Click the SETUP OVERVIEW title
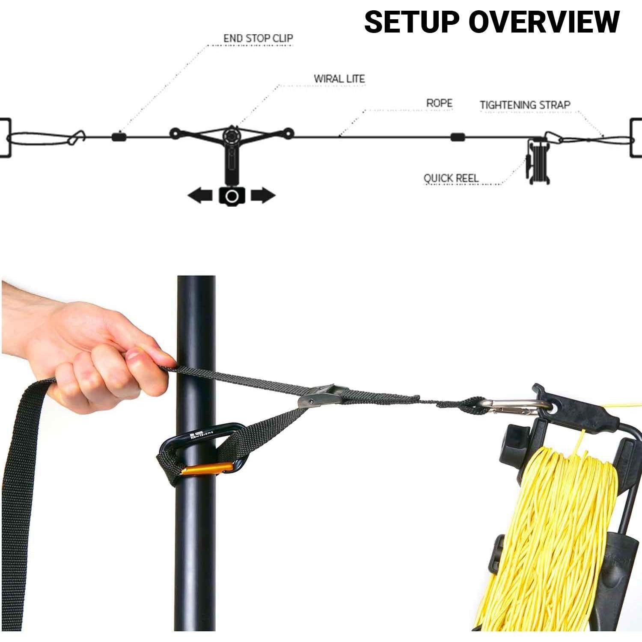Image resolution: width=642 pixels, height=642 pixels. click(492, 22)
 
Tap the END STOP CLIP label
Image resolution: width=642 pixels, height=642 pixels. click(258, 39)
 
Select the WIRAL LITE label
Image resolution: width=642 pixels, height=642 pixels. click(339, 79)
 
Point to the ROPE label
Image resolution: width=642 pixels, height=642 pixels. click(439, 103)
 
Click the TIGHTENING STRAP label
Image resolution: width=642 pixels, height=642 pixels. click(525, 105)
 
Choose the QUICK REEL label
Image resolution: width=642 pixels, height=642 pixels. click(451, 178)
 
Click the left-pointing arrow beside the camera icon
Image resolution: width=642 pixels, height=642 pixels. click(200, 196)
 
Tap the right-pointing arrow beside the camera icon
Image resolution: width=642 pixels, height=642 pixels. click(263, 196)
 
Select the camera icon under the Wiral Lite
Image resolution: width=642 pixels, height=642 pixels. click(232, 196)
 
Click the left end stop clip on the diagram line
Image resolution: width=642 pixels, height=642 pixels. click(118, 137)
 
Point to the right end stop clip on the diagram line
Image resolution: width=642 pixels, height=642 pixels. click(458, 137)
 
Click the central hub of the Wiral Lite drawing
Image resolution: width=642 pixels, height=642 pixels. click(232, 136)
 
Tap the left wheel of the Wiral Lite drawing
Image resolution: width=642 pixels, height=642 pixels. click(175, 134)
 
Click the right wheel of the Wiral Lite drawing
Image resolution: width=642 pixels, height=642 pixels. click(289, 133)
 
